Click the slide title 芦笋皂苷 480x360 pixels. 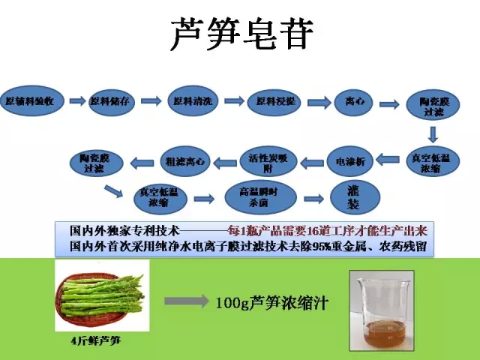(239, 34)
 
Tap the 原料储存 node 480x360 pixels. (112, 101)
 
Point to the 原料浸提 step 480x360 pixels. (275, 101)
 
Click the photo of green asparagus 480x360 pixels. (102, 295)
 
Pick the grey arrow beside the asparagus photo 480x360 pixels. (184, 301)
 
